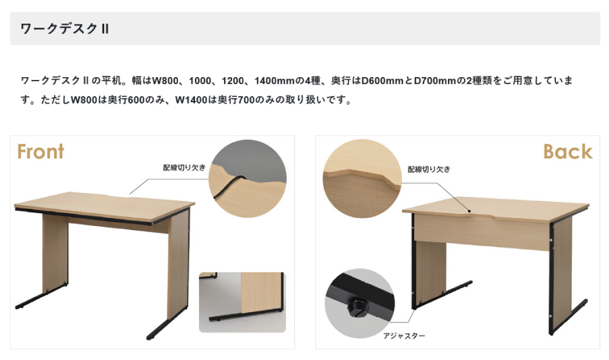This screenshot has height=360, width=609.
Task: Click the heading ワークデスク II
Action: pyautogui.click(x=64, y=28)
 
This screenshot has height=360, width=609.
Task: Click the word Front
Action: pyautogui.click(x=41, y=152)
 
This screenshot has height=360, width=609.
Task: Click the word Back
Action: pyautogui.click(x=568, y=152)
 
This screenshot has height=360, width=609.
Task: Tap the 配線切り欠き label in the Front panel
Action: pyautogui.click(x=183, y=167)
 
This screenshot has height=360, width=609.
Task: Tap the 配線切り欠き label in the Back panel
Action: pyautogui.click(x=429, y=169)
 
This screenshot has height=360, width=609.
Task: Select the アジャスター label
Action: pyautogui.click(x=404, y=336)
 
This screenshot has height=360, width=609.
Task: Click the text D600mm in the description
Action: pyautogui.click(x=382, y=81)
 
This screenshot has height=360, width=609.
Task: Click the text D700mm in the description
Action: pyautogui.click(x=434, y=81)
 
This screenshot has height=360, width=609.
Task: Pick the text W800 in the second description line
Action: pyautogui.click(x=83, y=100)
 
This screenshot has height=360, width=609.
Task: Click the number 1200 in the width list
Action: pyautogui.click(x=233, y=81)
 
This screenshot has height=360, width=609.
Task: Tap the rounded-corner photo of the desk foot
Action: pyautogui.click(x=242, y=302)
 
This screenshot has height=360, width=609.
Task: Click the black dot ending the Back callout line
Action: pyautogui.click(x=469, y=211)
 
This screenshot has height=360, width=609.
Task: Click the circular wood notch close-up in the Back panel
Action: pyautogui.click(x=362, y=178)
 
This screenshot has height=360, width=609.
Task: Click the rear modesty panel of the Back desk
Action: pyautogui.click(x=482, y=232)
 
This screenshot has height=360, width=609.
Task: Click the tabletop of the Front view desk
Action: pyautogui.click(x=104, y=206)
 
